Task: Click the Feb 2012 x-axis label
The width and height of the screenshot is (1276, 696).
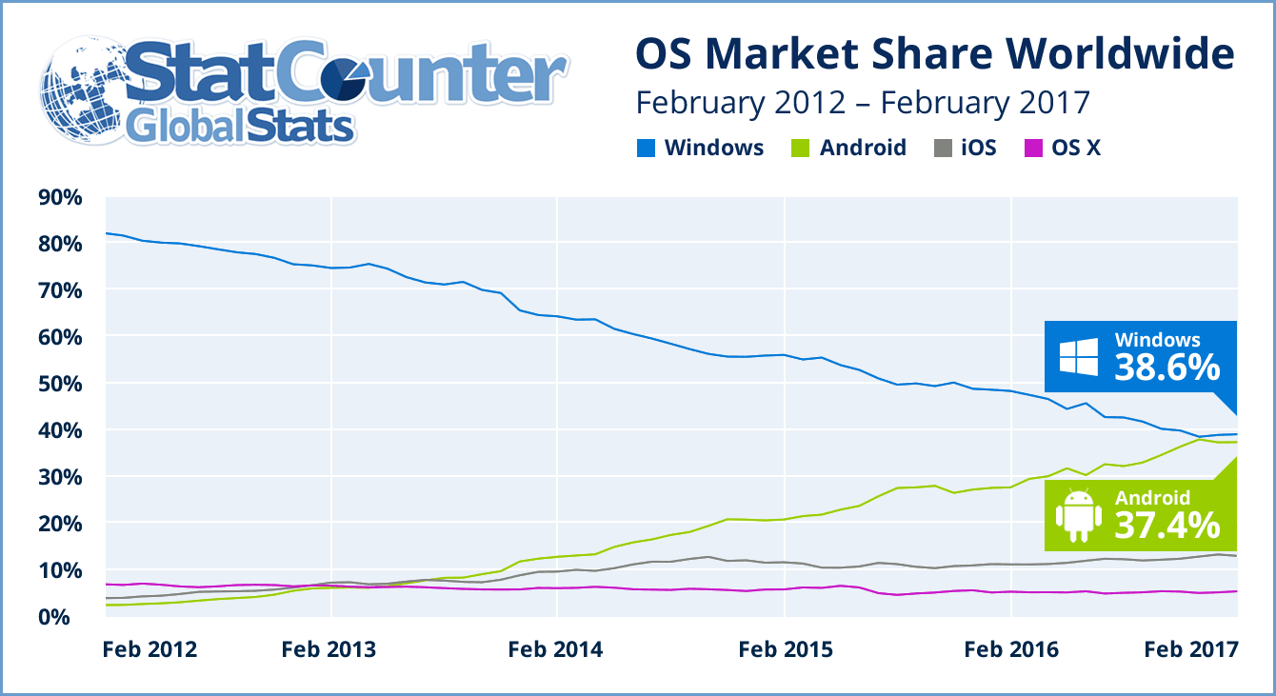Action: [x=150, y=650]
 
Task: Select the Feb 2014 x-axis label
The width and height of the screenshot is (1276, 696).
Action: [x=555, y=650]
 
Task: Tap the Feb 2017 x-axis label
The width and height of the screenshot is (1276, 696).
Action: [x=1190, y=650]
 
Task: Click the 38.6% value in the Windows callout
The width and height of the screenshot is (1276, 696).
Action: [x=1166, y=366]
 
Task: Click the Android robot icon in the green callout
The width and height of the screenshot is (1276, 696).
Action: [x=1079, y=513]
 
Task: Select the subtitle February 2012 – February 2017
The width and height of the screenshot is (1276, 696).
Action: [x=862, y=102]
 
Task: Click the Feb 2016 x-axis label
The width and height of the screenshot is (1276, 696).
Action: [x=1011, y=650]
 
